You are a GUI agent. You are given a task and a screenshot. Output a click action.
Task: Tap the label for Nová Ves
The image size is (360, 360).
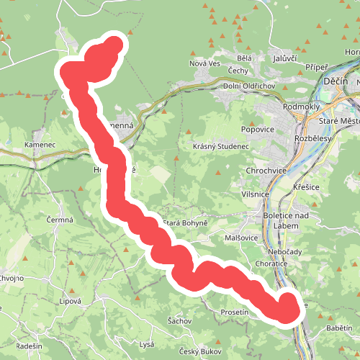204,63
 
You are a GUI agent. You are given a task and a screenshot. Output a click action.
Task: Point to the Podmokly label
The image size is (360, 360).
305,107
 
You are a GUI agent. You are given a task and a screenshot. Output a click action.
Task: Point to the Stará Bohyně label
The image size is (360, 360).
186,223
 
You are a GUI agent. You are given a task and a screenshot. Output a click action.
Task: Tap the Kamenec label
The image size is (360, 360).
40,145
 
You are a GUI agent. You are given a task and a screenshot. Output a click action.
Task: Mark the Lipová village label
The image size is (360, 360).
71,301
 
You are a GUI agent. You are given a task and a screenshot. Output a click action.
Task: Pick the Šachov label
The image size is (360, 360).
179,320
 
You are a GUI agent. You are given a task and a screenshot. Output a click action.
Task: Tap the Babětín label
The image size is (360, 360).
338,328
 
